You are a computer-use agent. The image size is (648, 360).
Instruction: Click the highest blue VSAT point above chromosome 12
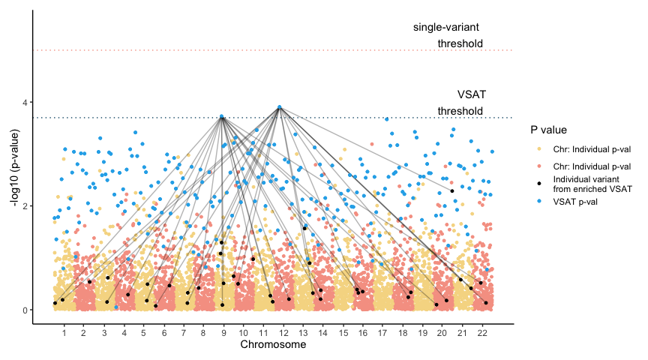tap(280, 107)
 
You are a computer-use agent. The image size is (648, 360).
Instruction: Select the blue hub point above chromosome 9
tap(222, 117)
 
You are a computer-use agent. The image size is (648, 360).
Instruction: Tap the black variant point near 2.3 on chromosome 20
tap(452, 190)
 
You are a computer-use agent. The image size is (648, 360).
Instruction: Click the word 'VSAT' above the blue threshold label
tap(472, 94)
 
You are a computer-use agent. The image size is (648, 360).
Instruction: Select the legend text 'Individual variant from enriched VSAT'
tap(592, 184)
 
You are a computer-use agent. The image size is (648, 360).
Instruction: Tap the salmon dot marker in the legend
tap(540, 166)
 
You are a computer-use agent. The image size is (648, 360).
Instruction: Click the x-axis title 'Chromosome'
tap(272, 345)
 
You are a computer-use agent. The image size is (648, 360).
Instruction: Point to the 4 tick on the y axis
tap(26, 102)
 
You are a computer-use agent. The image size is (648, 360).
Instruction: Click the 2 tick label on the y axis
tap(26, 206)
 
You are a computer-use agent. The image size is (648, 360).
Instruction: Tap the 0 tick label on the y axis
tap(26, 310)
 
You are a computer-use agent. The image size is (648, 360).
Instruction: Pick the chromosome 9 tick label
tap(223, 331)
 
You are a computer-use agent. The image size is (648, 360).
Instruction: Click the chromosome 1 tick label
tap(64, 331)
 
